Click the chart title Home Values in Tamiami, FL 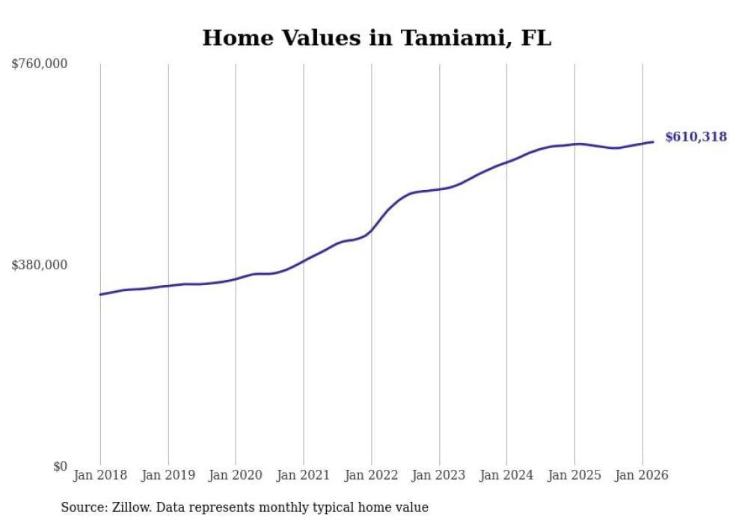coord(376,38)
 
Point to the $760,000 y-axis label coord(40,64)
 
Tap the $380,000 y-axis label coord(40,265)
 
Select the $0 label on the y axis coord(60,466)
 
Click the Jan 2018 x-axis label coord(100,475)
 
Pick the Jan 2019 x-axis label coord(168,475)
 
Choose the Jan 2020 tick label coord(236,475)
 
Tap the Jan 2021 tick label coord(304,475)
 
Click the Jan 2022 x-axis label coord(371,475)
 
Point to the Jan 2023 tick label coord(439,475)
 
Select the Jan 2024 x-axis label coord(506,475)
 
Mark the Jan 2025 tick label coord(574,475)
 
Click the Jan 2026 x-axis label coord(642,475)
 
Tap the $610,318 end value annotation coord(696,137)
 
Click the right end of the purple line coord(653,141)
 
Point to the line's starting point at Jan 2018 coord(100,294)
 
